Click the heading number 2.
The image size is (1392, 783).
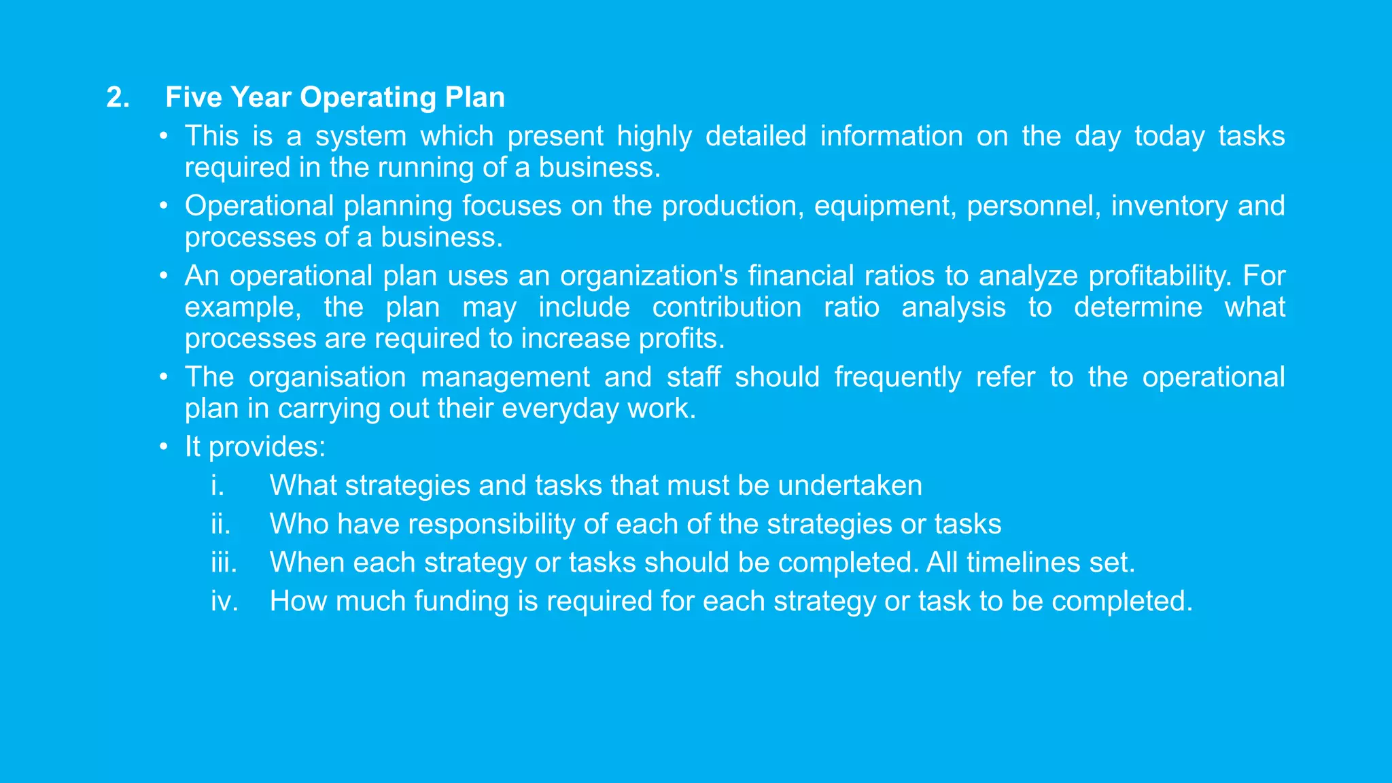pos(118,98)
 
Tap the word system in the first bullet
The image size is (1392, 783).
pos(360,137)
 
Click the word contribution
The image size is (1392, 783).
pos(727,307)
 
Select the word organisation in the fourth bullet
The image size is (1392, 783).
pos(327,377)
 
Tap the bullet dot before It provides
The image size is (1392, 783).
pos(163,447)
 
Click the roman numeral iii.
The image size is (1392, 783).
pos(224,563)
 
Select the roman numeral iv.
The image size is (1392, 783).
pos(224,602)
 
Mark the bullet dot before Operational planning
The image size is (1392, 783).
pos(163,206)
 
